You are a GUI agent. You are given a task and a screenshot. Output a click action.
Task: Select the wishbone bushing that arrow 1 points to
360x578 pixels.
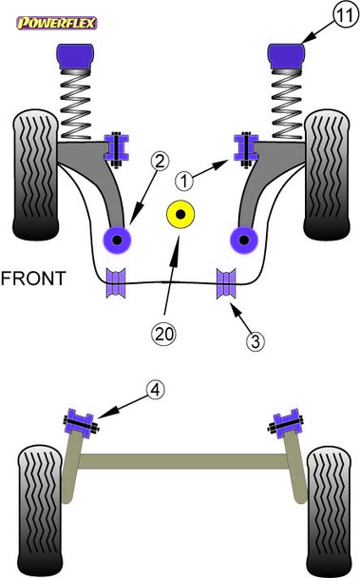[243, 144]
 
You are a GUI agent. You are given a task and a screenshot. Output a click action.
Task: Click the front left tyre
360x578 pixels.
[33, 176]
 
